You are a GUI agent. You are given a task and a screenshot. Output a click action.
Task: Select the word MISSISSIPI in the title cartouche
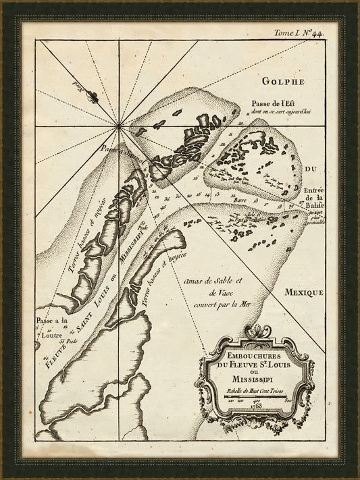click(255, 379)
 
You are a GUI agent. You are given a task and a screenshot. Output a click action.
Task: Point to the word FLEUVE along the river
click(56, 344)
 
